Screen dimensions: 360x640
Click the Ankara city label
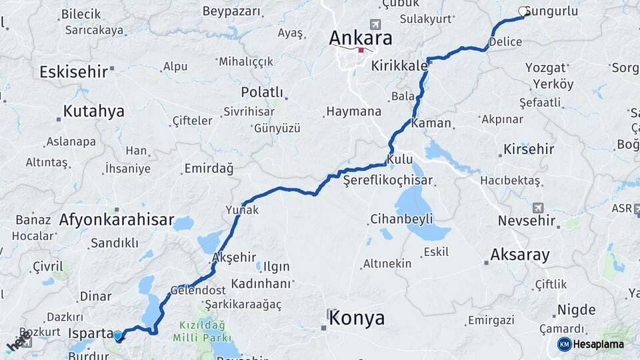[x=361, y=38]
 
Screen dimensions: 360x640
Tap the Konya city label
[x=357, y=318]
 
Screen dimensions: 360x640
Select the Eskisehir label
[x=73, y=72]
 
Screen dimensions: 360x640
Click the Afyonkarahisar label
[x=116, y=219]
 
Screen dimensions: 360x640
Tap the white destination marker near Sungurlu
[x=523, y=11]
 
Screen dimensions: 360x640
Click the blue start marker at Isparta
[x=118, y=336]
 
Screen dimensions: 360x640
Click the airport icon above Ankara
[x=375, y=24]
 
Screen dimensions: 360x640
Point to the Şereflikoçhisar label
[x=387, y=180]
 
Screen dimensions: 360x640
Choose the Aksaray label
[x=519, y=254]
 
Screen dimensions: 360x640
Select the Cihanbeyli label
[x=401, y=219]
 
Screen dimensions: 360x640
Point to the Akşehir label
[x=233, y=257]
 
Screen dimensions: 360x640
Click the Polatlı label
[x=262, y=92]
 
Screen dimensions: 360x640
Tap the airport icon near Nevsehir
[x=537, y=208]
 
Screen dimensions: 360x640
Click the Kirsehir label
[x=529, y=149]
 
